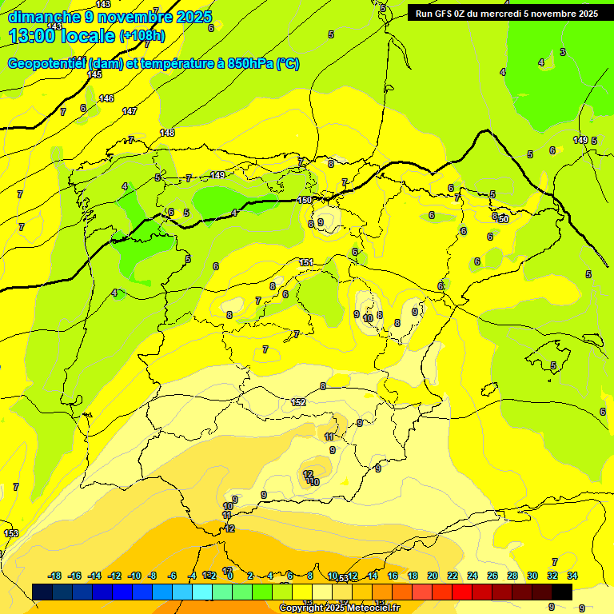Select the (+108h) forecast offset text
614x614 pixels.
click(142, 36)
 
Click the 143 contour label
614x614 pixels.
click(103, 5)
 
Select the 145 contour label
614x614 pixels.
click(95, 74)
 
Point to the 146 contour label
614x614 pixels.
click(106, 98)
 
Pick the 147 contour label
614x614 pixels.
click(130, 111)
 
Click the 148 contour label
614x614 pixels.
click(167, 133)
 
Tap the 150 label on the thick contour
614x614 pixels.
click(305, 201)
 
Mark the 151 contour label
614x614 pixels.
click(306, 263)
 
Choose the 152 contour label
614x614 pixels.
click(299, 402)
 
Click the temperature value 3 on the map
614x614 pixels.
click(563, 52)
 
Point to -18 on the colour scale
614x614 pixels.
click(55, 576)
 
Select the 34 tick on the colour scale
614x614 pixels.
click(572, 576)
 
